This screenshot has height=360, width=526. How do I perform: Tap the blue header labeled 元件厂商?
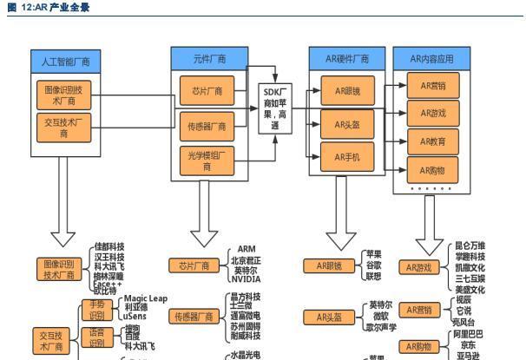[x=209, y=59]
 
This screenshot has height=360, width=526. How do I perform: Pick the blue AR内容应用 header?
[x=431, y=59]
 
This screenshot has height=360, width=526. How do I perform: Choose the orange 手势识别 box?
[x=97, y=310]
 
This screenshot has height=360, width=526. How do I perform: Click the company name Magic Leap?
[x=145, y=298]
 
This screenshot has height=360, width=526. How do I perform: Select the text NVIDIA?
[x=245, y=279]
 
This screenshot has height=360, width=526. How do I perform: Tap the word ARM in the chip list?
[x=246, y=249]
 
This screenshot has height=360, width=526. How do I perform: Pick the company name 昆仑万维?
[x=470, y=246]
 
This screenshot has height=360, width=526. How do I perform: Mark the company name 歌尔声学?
[x=382, y=327]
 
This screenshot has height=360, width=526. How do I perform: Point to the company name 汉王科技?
[x=109, y=257]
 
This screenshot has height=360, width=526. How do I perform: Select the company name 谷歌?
[x=372, y=265]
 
